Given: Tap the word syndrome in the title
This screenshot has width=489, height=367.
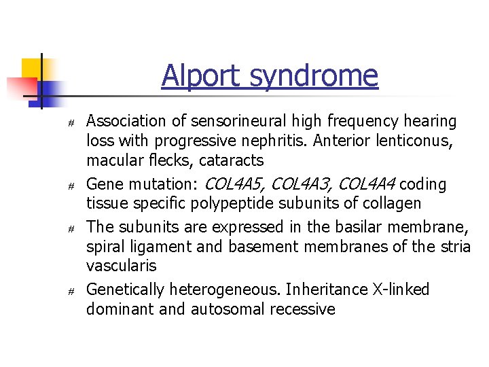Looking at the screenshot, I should [x=313, y=75].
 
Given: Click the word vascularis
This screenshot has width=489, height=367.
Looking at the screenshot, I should [x=121, y=265].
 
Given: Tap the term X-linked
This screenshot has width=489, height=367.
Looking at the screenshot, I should [x=401, y=290].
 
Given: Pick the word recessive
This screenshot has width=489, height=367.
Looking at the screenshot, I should [x=303, y=309].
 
